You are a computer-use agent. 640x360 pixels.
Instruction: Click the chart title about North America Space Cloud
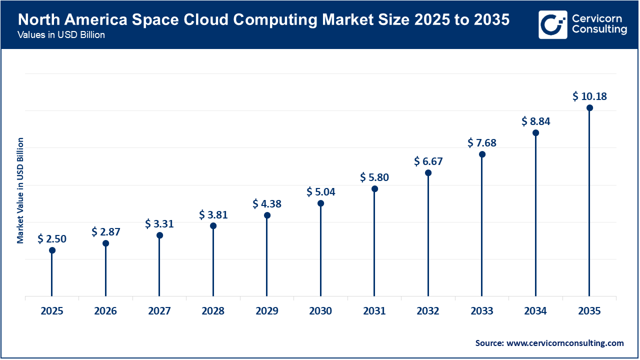[x=263, y=20]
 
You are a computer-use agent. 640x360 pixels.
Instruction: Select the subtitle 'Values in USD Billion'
[x=61, y=35]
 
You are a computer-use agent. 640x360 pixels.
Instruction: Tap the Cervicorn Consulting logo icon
[x=552, y=24]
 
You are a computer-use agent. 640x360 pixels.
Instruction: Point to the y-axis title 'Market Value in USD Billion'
[x=20, y=190]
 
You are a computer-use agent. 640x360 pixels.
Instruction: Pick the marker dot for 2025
[x=52, y=250]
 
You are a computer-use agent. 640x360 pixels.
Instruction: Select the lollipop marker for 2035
[x=589, y=108]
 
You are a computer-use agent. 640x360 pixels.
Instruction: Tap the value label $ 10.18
[x=589, y=96]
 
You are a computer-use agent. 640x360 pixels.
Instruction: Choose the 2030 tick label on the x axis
[x=320, y=311]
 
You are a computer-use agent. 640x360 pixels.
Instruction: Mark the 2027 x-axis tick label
[x=159, y=311]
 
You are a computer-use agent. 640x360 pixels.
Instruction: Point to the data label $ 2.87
[x=105, y=231]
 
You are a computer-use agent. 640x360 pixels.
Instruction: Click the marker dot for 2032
[x=428, y=172]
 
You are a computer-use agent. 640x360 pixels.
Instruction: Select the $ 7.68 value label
[x=482, y=143]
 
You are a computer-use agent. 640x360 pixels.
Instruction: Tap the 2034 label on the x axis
[x=535, y=311]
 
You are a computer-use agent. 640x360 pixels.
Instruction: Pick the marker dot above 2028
[x=213, y=225]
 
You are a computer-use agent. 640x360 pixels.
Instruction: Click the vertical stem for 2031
[x=374, y=245]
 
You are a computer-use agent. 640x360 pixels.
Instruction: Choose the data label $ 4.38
[x=267, y=203]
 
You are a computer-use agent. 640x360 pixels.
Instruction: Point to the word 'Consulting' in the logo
[x=599, y=29]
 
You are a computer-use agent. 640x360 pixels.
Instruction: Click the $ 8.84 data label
[x=535, y=121]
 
